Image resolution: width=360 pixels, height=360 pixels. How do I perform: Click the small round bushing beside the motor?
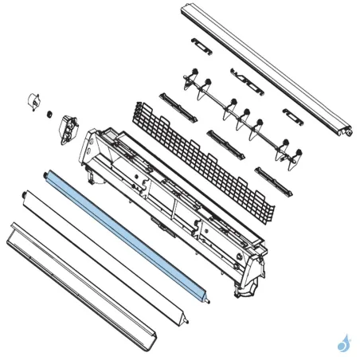49,113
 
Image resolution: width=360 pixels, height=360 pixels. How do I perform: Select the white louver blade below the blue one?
104,254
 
